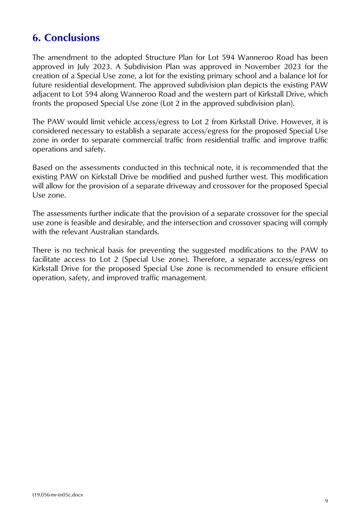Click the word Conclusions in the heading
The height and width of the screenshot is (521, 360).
(x=72, y=38)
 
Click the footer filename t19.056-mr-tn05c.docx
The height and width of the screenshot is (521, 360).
(x=57, y=494)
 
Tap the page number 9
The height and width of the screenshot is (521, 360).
(x=326, y=501)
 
